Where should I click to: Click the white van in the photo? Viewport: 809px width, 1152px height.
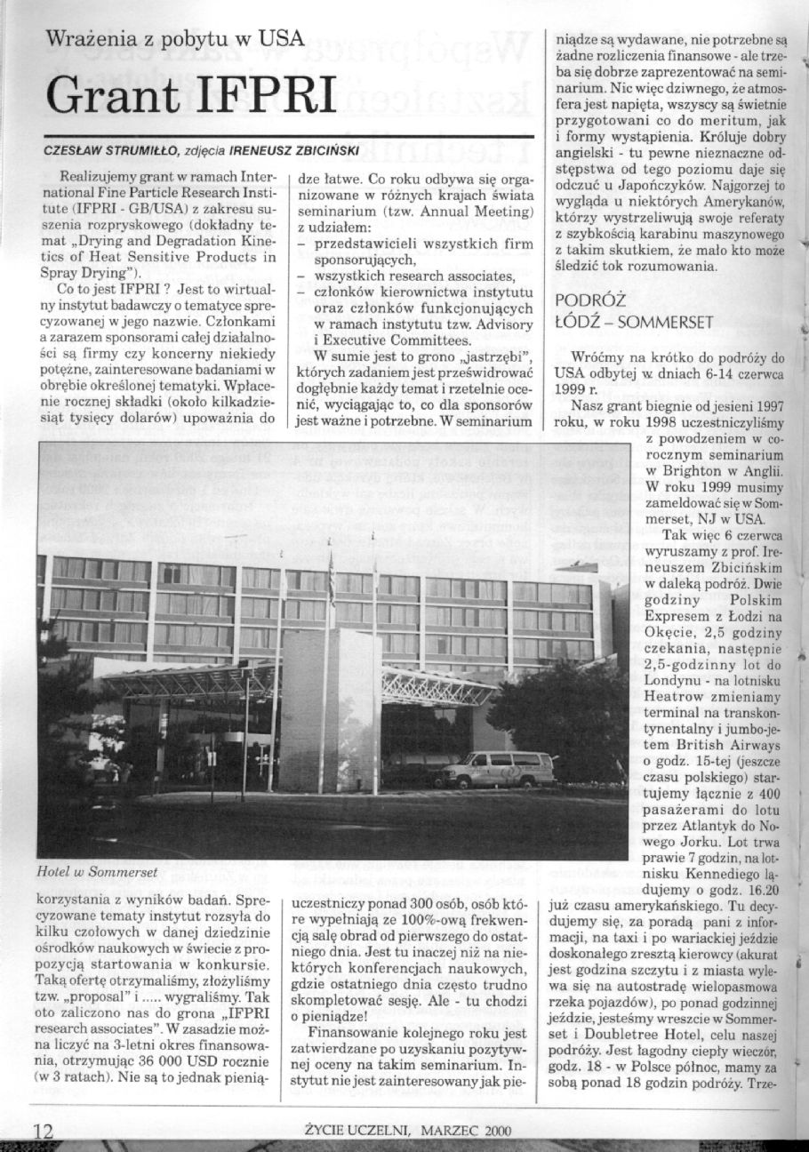click(x=499, y=769)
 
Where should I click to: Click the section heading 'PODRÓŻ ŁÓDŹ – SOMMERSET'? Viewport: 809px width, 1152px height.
click(x=633, y=311)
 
